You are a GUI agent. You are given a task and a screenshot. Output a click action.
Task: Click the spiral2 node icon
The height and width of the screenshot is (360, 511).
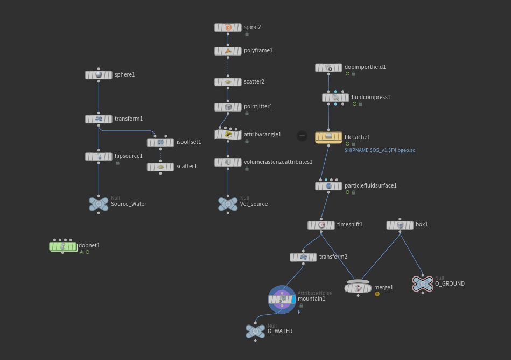[x=228, y=27]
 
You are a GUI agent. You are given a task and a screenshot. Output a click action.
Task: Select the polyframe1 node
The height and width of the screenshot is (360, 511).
[x=228, y=51]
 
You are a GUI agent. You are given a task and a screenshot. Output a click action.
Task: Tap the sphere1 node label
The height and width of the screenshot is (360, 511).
[x=124, y=74]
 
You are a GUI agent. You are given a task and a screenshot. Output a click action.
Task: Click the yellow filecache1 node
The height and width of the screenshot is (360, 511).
[x=328, y=137]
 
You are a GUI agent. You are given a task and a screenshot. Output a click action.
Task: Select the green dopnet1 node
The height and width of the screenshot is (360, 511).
[x=63, y=246]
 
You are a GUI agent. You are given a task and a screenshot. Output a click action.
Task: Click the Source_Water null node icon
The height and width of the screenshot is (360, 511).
[x=99, y=204]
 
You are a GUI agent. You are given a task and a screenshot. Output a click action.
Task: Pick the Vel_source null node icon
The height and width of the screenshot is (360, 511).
[x=228, y=204]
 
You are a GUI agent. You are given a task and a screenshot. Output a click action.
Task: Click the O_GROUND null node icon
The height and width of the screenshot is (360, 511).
[x=423, y=283]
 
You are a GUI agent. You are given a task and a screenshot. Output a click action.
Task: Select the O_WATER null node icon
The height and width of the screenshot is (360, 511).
[x=255, y=331]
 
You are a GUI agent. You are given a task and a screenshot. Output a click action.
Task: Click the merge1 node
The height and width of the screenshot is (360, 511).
[x=358, y=287]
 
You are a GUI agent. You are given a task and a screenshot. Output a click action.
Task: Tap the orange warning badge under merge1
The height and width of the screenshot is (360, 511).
[x=377, y=294]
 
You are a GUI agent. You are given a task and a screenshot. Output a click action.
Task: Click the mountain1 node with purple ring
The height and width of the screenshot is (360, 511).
[x=282, y=299]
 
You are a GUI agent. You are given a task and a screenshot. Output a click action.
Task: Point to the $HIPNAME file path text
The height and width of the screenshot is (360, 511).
[x=380, y=150]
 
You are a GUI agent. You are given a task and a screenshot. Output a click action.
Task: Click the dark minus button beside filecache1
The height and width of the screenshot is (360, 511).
[x=302, y=136]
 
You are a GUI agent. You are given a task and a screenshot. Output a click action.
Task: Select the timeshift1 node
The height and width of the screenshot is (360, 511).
[x=321, y=225]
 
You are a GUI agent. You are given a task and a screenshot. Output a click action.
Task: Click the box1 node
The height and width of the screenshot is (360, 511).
[x=400, y=225]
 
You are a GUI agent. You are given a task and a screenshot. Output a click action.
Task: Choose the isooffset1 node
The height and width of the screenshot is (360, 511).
[x=160, y=142]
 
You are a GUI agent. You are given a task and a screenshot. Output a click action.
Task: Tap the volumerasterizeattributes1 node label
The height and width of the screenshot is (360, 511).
[x=278, y=162]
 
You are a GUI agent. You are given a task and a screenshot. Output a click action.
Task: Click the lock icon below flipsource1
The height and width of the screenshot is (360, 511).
[x=117, y=163]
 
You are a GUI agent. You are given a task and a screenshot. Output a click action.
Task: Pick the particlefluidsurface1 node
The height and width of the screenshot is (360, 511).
[x=328, y=186]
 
